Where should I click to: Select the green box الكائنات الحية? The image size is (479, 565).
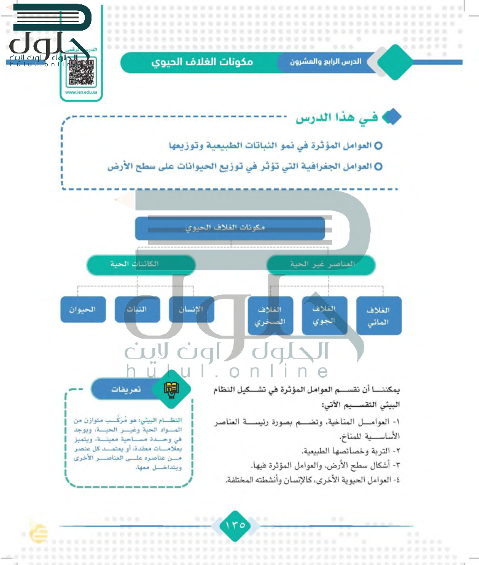(141, 264)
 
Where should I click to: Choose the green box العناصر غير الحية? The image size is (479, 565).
(321, 264)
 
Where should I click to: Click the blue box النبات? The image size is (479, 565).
(138, 309)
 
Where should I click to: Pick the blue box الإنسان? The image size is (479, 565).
(192, 309)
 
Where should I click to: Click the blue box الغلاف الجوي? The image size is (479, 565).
(324, 315)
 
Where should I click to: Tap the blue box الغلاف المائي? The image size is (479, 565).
(379, 315)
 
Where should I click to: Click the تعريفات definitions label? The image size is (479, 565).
(124, 390)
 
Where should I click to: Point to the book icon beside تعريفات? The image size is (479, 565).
(168, 388)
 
